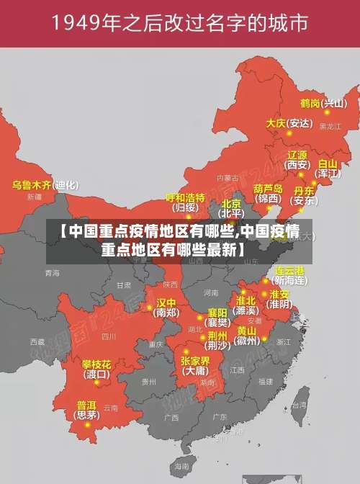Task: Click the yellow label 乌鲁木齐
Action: pos(32,185)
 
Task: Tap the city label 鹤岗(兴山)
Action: pos(323,103)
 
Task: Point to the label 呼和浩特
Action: pos(185,197)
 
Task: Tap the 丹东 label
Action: pos(304,191)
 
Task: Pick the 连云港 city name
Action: pos(290,271)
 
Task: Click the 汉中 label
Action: pos(166,302)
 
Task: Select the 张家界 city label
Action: pos(195,360)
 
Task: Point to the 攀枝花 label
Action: pos(96,364)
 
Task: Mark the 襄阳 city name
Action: pos(217,312)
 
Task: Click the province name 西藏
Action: pos(37,341)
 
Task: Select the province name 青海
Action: pos(53,274)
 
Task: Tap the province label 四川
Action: pos(109,336)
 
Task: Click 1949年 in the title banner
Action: pos(84,24)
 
